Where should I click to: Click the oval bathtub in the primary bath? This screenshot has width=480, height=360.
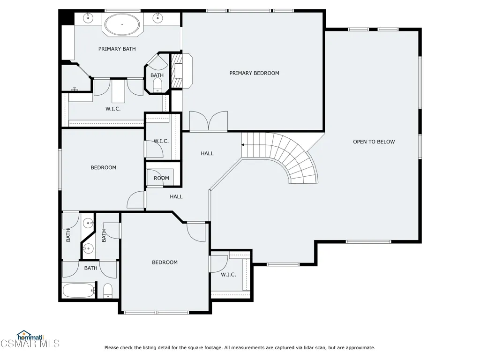tap(122, 24)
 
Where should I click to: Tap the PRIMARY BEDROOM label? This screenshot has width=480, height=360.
tap(254, 73)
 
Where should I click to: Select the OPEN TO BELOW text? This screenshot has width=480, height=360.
tap(374, 142)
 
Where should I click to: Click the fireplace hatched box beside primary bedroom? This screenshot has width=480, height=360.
tap(176, 71)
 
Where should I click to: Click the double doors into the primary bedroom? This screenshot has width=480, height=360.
tap(209, 121)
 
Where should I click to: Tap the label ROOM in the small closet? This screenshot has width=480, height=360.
tap(161, 178)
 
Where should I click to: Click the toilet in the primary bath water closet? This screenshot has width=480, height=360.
tap(157, 85)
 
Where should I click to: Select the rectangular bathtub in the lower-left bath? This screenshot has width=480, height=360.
tap(79, 291)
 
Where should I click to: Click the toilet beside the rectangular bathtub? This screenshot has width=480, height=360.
tap(108, 291)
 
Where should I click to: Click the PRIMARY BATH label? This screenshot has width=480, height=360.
tap(117, 49)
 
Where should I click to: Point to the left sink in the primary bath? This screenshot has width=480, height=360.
tap(88, 18)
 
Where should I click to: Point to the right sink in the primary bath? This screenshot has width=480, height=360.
tap(157, 18)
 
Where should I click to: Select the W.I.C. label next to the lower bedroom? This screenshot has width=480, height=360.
tap(228, 275)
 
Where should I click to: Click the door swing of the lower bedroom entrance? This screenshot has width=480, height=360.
tap(196, 232)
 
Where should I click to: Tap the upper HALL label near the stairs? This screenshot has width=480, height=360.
tap(207, 153)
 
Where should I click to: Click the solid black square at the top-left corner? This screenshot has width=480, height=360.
tap(67, 17)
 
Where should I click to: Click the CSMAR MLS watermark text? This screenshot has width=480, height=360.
tap(30, 344)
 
